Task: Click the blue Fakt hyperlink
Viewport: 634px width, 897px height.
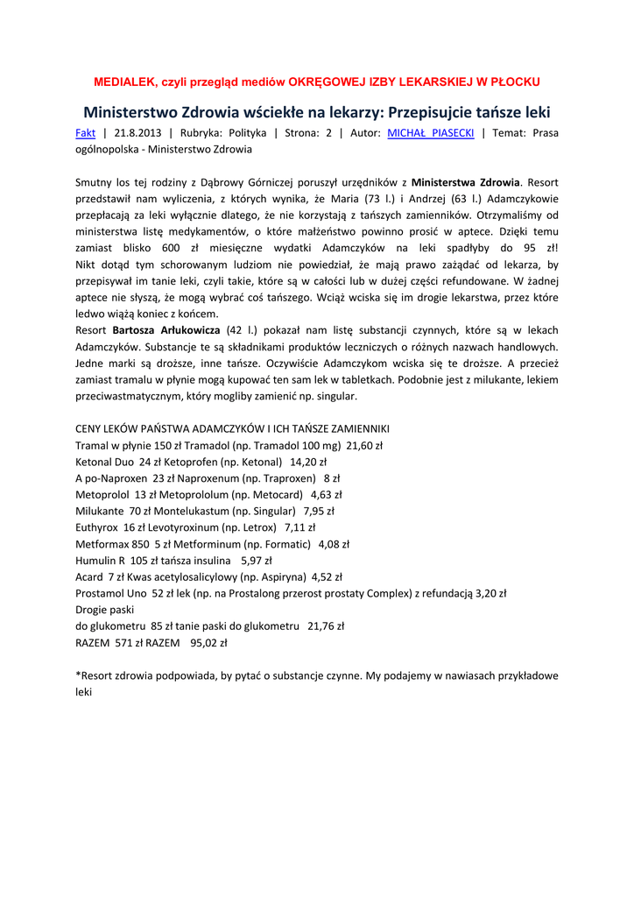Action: click(86, 133)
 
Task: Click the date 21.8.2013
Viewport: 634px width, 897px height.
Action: click(138, 133)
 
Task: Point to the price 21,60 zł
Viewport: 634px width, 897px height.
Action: click(364, 445)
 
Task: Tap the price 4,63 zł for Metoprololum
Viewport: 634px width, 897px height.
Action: click(326, 494)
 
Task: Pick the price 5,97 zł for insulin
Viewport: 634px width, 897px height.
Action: click(256, 560)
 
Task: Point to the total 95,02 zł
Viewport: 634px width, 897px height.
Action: click(208, 642)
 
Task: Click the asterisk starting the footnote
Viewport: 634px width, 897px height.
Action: click(78, 675)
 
